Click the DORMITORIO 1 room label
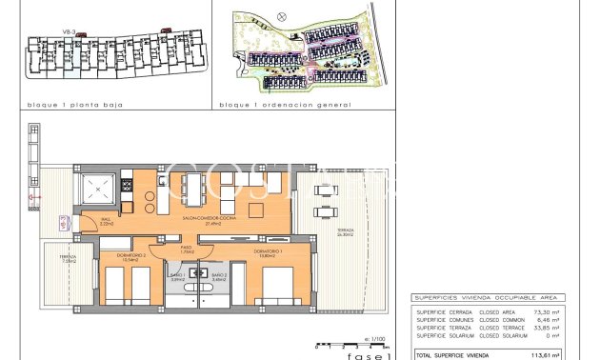point(268,250)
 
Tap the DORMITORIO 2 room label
point(115,257)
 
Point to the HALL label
point(107,223)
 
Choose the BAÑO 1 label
point(176,278)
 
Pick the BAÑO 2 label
point(218,278)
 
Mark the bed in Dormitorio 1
point(276,286)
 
